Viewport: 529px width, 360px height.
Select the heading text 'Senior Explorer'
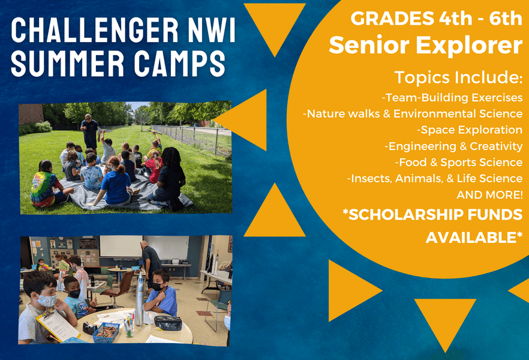[x=426, y=45]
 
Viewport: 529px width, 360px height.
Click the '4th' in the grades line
[x=455, y=18]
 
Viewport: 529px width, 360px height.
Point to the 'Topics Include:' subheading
[x=458, y=77]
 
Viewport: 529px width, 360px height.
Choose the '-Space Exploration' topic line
[x=470, y=130]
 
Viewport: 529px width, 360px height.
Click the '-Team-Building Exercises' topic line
[x=452, y=98]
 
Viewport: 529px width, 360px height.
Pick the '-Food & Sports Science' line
[x=459, y=162]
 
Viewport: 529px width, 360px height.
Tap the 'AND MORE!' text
[x=489, y=194]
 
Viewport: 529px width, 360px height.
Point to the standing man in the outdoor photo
[x=90, y=131]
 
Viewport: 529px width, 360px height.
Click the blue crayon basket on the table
[x=106, y=332]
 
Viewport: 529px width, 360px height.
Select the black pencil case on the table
[x=168, y=323]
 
